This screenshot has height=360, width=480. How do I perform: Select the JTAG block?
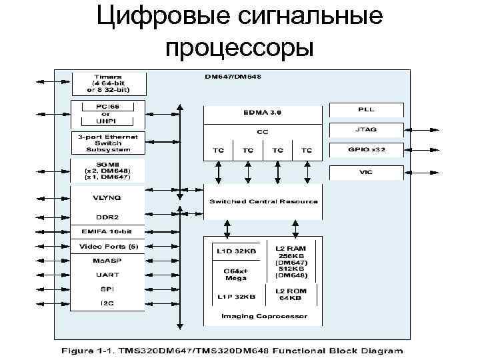(366, 130)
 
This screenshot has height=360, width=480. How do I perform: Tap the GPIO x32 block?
(366, 150)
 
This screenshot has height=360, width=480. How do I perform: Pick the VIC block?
(366, 171)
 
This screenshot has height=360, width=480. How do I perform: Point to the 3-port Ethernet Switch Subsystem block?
(107, 141)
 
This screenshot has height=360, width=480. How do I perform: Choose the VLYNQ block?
(107, 197)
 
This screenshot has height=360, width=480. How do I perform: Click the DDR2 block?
(107, 217)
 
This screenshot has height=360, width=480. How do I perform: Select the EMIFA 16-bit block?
(107, 231)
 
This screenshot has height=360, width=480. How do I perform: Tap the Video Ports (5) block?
(107, 247)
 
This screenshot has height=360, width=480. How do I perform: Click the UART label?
(107, 275)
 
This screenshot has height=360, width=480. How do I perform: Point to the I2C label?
(107, 303)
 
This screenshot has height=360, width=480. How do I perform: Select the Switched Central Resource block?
(263, 202)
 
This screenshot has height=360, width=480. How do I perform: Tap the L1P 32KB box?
(235, 295)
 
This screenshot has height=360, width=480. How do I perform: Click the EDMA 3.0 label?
(263, 113)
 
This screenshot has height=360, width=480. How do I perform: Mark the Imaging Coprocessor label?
(264, 316)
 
